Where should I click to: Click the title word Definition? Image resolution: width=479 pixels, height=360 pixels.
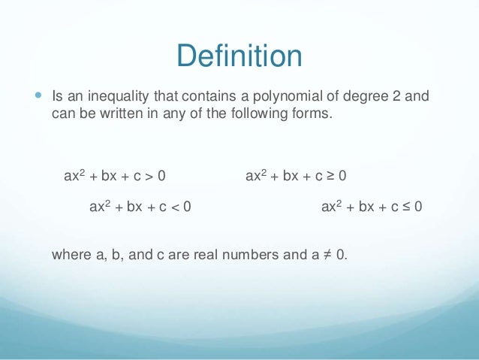[239, 56]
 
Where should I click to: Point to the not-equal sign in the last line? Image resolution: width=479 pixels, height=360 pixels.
[325, 254]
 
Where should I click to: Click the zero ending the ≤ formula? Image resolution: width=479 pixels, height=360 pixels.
[417, 205]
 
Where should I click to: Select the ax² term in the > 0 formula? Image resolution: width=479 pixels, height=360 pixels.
[74, 176]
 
